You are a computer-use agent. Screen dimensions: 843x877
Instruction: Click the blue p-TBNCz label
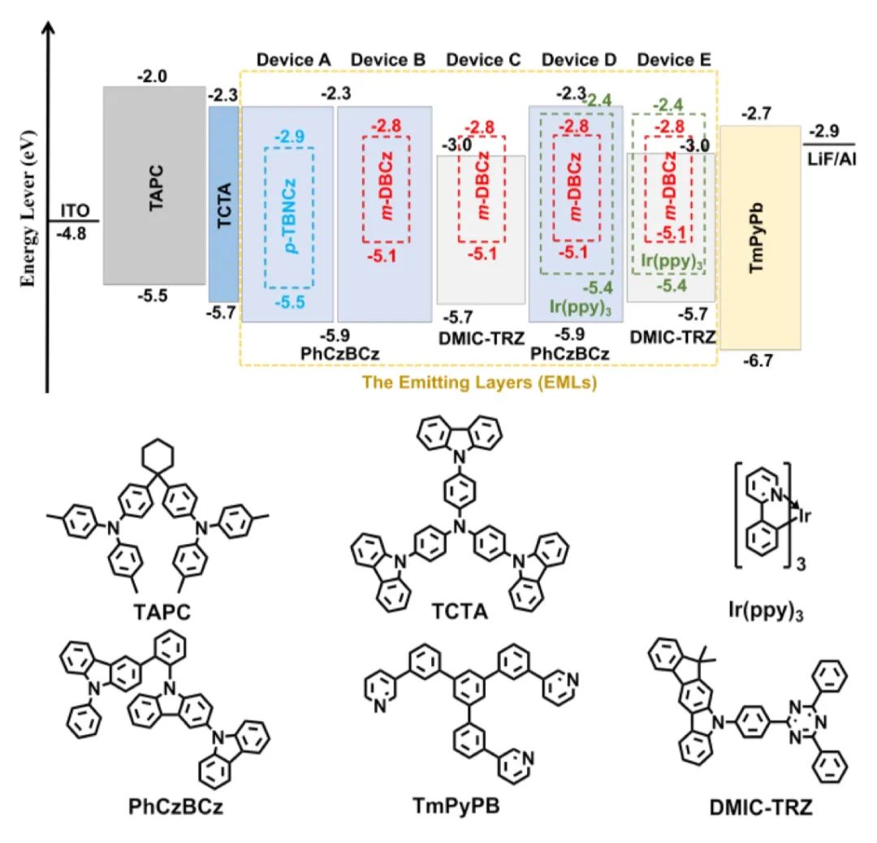tap(289, 211)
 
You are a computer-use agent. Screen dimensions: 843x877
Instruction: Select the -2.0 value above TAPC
tap(152, 76)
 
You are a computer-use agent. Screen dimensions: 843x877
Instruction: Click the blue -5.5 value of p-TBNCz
tap(289, 302)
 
